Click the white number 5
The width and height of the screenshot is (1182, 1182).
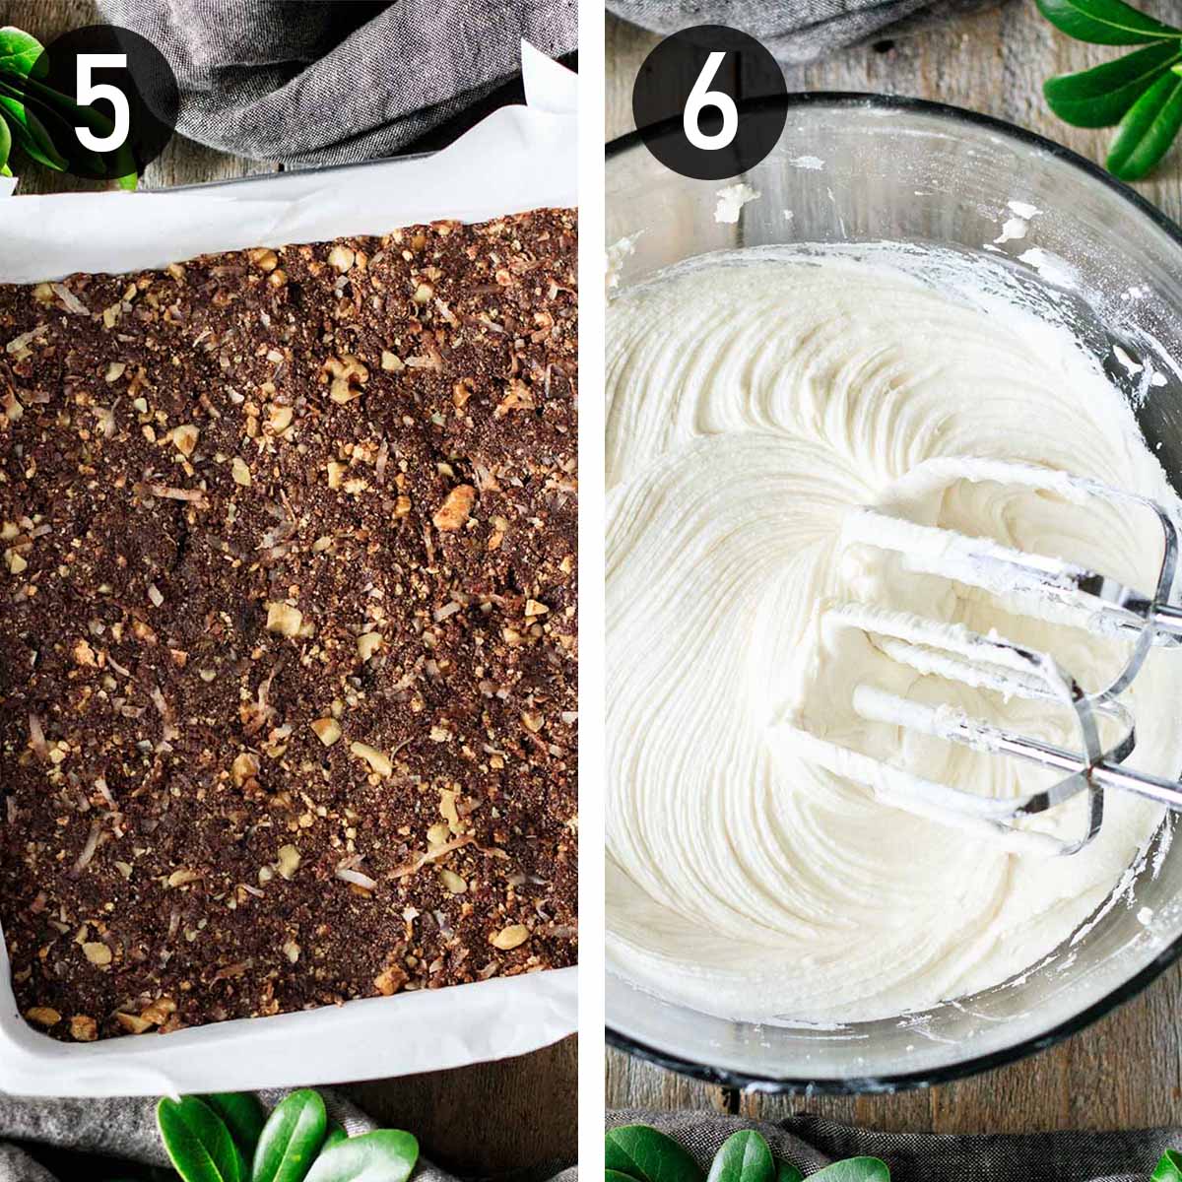click(x=101, y=101)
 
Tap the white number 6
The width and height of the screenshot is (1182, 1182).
click(x=710, y=101)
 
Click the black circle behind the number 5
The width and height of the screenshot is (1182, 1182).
click(x=101, y=101)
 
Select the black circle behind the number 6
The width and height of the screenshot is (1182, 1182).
click(x=709, y=101)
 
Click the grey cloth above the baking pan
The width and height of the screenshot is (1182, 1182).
click(x=344, y=74)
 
